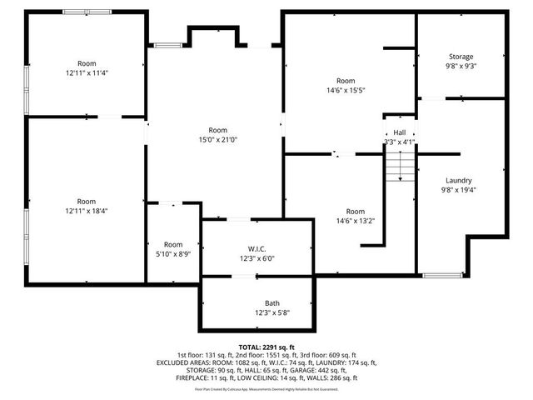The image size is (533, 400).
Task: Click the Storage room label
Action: click(461, 57)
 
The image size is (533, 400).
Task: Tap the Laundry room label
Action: click(459, 180)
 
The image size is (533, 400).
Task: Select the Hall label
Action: click(400, 132)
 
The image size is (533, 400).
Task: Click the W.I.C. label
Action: click(256, 247)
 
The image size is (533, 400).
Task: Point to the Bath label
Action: click(272, 303)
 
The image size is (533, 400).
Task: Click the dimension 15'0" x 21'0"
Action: click(217, 140)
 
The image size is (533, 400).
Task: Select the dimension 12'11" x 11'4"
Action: click(87, 72)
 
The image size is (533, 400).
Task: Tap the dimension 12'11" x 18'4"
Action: click(86, 211)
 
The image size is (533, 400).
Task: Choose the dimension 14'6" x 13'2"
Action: click(356, 221)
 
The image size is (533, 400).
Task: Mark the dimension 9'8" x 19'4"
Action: click(459, 189)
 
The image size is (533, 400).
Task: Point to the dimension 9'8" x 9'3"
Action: click(461, 66)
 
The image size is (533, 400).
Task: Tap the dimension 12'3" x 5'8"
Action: click(272, 312)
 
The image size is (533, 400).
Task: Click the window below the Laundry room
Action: click(442, 275)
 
